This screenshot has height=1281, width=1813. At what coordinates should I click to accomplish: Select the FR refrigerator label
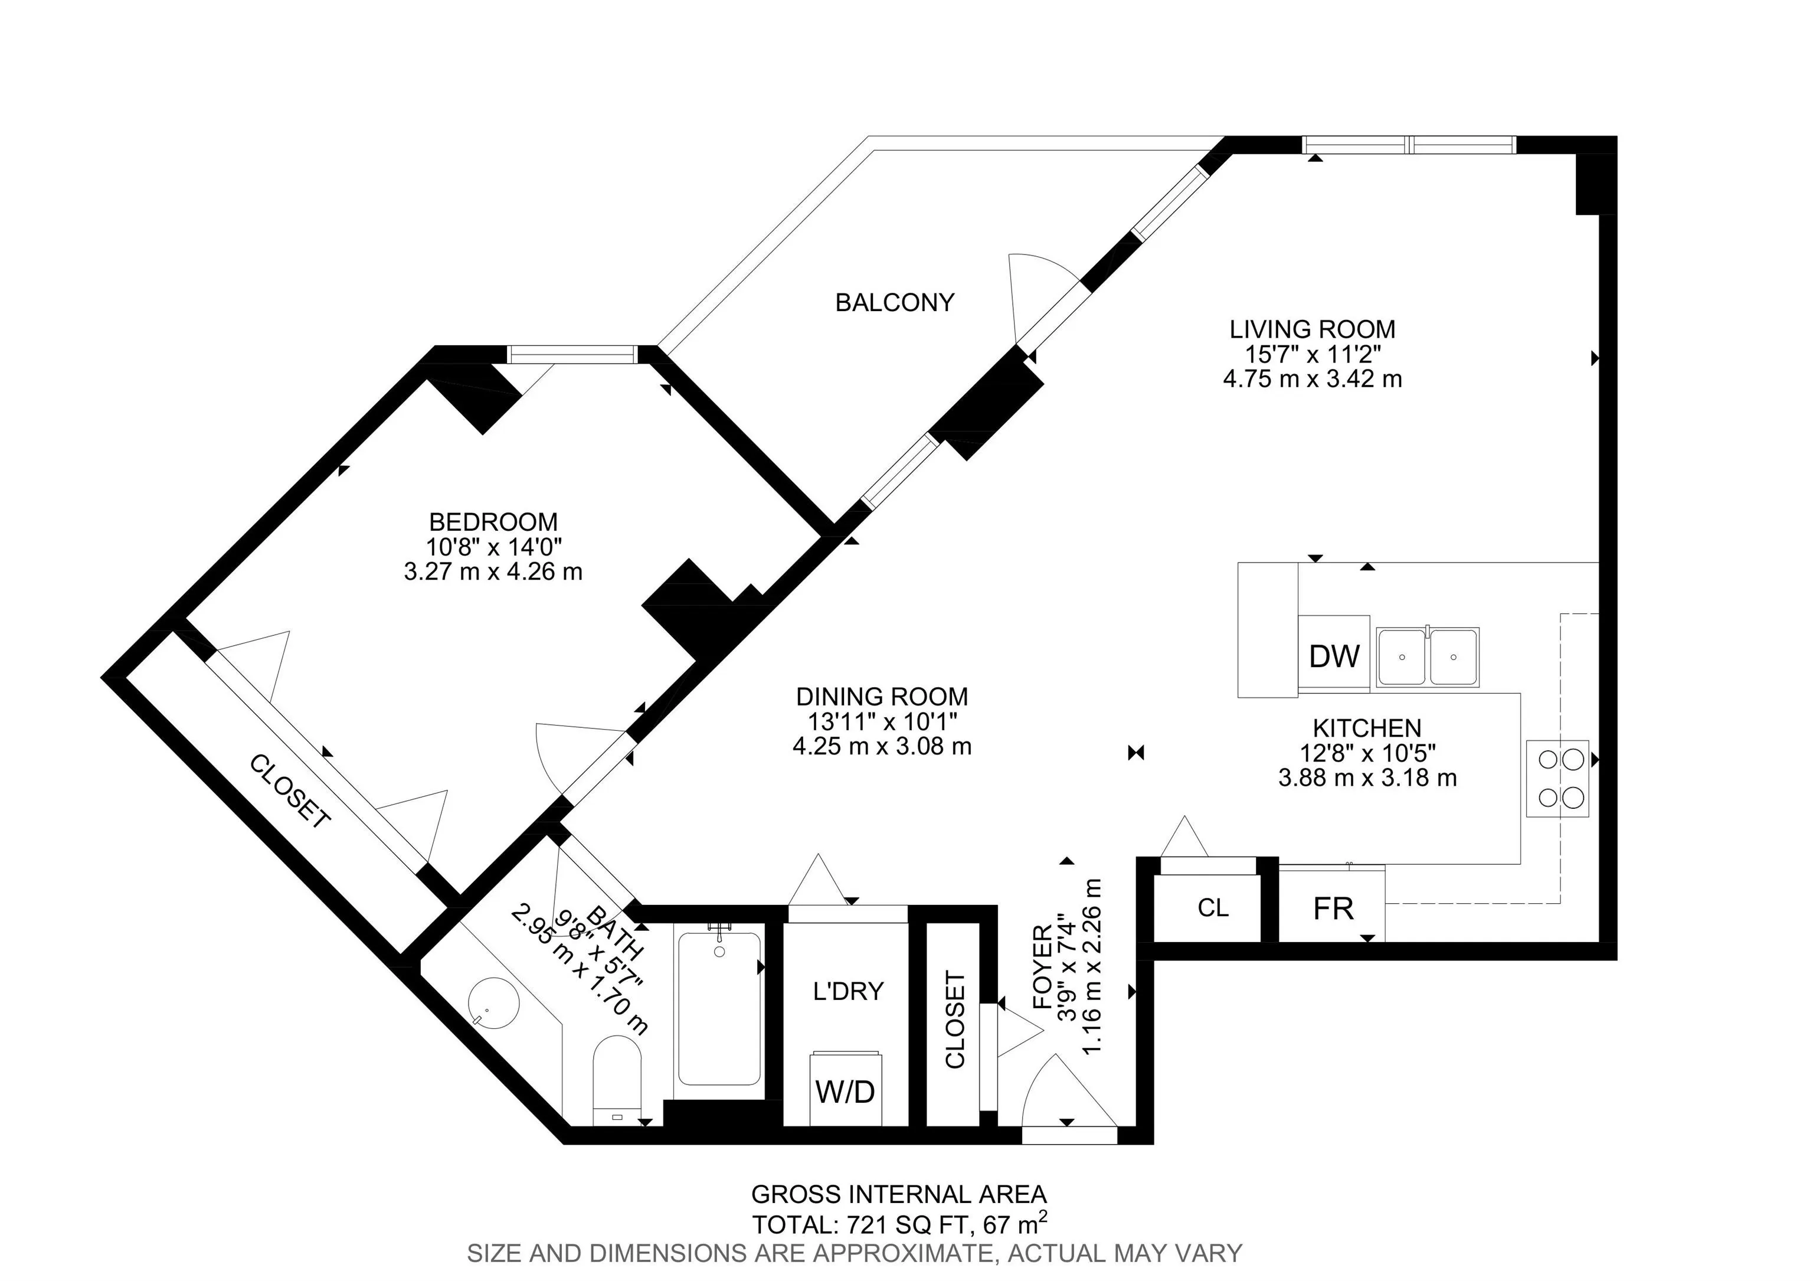1334,909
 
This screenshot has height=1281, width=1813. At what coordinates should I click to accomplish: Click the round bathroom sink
495,1001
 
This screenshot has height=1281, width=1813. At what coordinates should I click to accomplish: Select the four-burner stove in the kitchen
1557,778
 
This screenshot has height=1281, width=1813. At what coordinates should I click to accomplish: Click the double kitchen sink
1428,657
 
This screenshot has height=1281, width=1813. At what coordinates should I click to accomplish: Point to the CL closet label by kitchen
1213,909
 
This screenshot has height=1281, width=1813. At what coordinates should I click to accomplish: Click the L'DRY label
848,991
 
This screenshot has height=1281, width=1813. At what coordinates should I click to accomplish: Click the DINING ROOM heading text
882,697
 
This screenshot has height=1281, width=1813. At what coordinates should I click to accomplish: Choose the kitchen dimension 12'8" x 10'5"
1367,753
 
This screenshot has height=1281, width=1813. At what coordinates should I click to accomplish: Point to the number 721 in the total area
865,1225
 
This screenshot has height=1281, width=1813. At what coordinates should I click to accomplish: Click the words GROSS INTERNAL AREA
899,1194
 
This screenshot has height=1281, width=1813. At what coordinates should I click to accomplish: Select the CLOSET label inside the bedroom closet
290,792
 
